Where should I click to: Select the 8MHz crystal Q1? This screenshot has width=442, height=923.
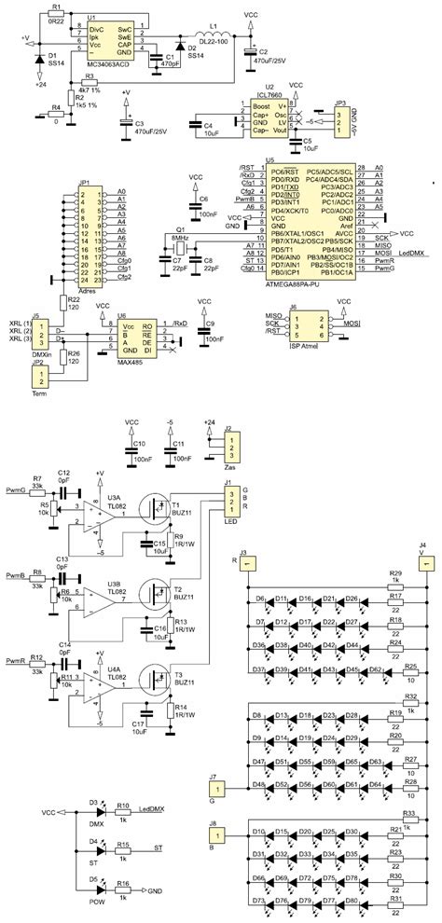tap(180, 249)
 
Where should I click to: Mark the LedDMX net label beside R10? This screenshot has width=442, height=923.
tap(153, 810)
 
